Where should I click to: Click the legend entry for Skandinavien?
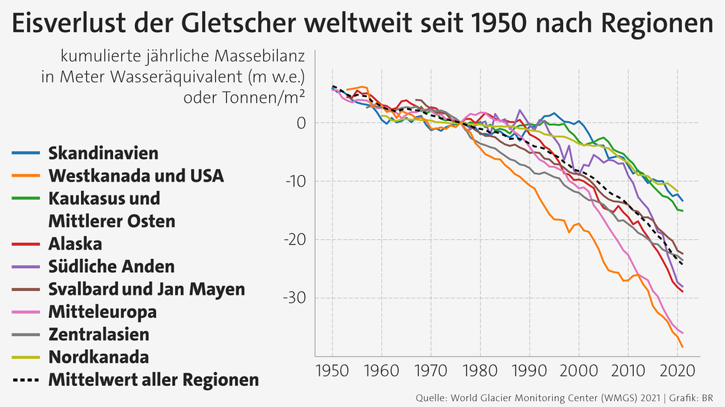click(x=103, y=152)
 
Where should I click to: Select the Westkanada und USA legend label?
click(x=136, y=176)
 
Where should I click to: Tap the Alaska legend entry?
click(x=75, y=244)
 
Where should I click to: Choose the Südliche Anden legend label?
click(x=112, y=266)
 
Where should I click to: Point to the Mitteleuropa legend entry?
click(x=102, y=312)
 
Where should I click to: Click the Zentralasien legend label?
click(x=98, y=335)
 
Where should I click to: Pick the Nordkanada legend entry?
click(x=98, y=357)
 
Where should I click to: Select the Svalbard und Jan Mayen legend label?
click(x=147, y=290)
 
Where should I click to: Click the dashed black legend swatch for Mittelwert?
click(x=26, y=381)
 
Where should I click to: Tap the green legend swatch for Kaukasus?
click(x=26, y=198)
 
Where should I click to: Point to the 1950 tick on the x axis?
click(x=333, y=372)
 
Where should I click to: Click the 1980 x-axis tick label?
click(x=480, y=372)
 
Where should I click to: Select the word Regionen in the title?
click(x=658, y=25)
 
